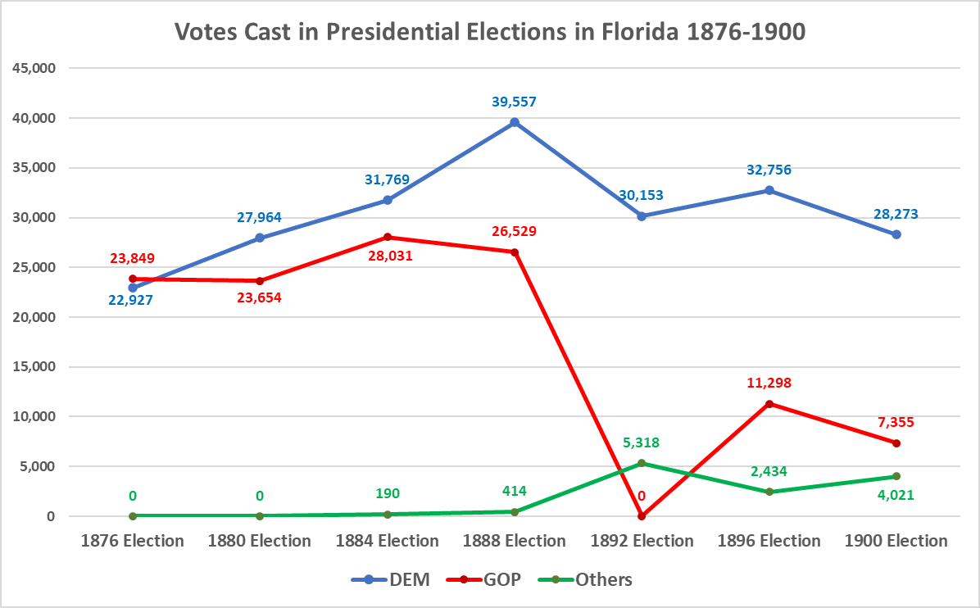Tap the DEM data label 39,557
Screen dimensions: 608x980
point(515,102)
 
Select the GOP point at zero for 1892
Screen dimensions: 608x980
point(642,516)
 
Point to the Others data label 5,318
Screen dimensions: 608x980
point(642,442)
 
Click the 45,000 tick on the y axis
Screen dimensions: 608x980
point(33,68)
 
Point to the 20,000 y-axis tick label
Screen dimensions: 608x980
point(33,317)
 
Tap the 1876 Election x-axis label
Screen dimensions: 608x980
point(133,541)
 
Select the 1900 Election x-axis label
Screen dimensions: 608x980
point(896,541)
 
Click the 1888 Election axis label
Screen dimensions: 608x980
point(515,541)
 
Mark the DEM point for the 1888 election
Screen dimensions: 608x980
point(515,122)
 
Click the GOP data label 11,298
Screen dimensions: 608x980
point(769,383)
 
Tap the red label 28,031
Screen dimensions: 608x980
point(388,256)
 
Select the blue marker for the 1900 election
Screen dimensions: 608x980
point(896,234)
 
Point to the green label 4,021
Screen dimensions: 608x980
point(896,496)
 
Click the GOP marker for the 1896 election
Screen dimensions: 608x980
point(769,404)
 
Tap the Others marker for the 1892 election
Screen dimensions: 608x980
point(642,463)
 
